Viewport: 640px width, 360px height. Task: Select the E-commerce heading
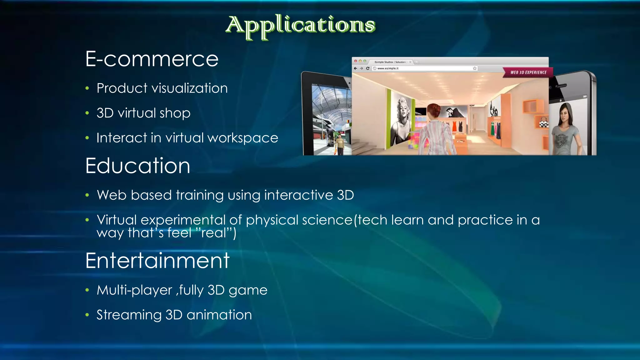pyautogui.click(x=152, y=59)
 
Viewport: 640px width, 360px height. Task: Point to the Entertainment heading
pyautogui.click(x=157, y=261)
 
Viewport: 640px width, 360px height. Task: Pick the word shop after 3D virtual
pyautogui.click(x=175, y=113)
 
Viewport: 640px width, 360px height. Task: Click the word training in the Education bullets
pyautogui.click(x=200, y=195)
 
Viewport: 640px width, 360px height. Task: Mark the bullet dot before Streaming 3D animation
pyautogui.click(x=87, y=315)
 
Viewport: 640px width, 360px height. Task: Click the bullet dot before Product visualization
pyautogui.click(x=87, y=88)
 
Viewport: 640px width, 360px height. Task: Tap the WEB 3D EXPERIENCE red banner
pyautogui.click(x=528, y=72)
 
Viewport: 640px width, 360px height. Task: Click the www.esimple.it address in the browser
pyautogui.click(x=388, y=68)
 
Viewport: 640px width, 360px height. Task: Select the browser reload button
pyautogui.click(x=368, y=68)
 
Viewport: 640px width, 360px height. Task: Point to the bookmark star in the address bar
pyautogui.click(x=475, y=68)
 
